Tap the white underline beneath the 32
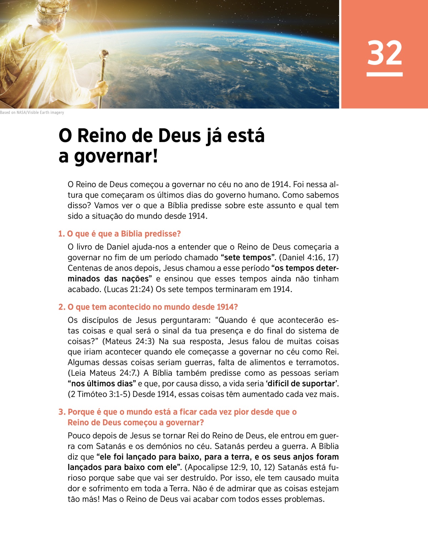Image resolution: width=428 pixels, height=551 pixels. coord(384,74)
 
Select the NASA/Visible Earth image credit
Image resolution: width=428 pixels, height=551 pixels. coord(32,112)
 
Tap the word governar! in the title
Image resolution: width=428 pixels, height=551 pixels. coord(116,156)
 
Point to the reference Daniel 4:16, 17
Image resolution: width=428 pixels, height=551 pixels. coord(309,257)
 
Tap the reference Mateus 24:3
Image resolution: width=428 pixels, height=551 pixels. coord(128,341)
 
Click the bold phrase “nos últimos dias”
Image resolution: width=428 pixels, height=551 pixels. coord(102,384)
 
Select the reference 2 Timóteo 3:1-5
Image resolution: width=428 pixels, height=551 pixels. coord(99,394)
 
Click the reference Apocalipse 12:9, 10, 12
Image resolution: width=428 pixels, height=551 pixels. coord(230,467)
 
